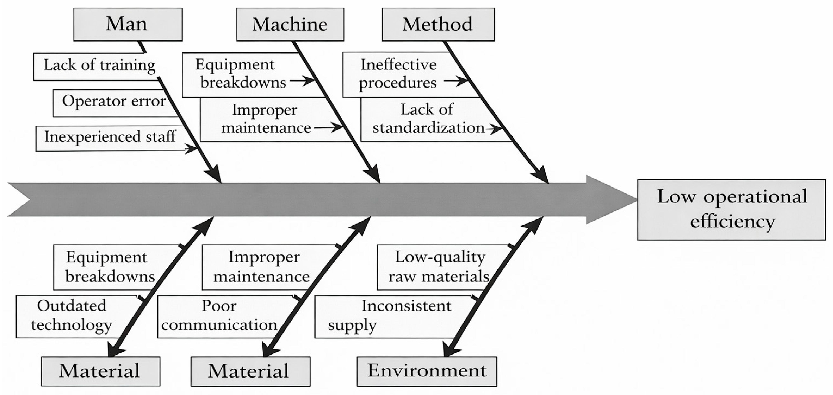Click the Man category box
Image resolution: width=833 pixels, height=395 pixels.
pyautogui.click(x=128, y=25)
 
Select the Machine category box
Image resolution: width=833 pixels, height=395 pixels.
pyautogui.click(x=290, y=25)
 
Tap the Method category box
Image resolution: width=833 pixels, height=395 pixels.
pyautogui.click(x=438, y=25)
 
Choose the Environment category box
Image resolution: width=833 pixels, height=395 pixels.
pyautogui.click(x=427, y=371)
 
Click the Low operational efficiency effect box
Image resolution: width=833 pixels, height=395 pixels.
pyautogui.click(x=731, y=210)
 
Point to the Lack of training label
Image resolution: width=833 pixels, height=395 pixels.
pyautogui.click(x=100, y=65)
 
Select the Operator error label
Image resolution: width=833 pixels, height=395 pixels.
pyautogui.click(x=114, y=101)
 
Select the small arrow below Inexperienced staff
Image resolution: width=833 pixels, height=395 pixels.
pyautogui.click(x=191, y=149)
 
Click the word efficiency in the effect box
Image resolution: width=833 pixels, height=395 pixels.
pyautogui.click(x=733, y=222)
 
